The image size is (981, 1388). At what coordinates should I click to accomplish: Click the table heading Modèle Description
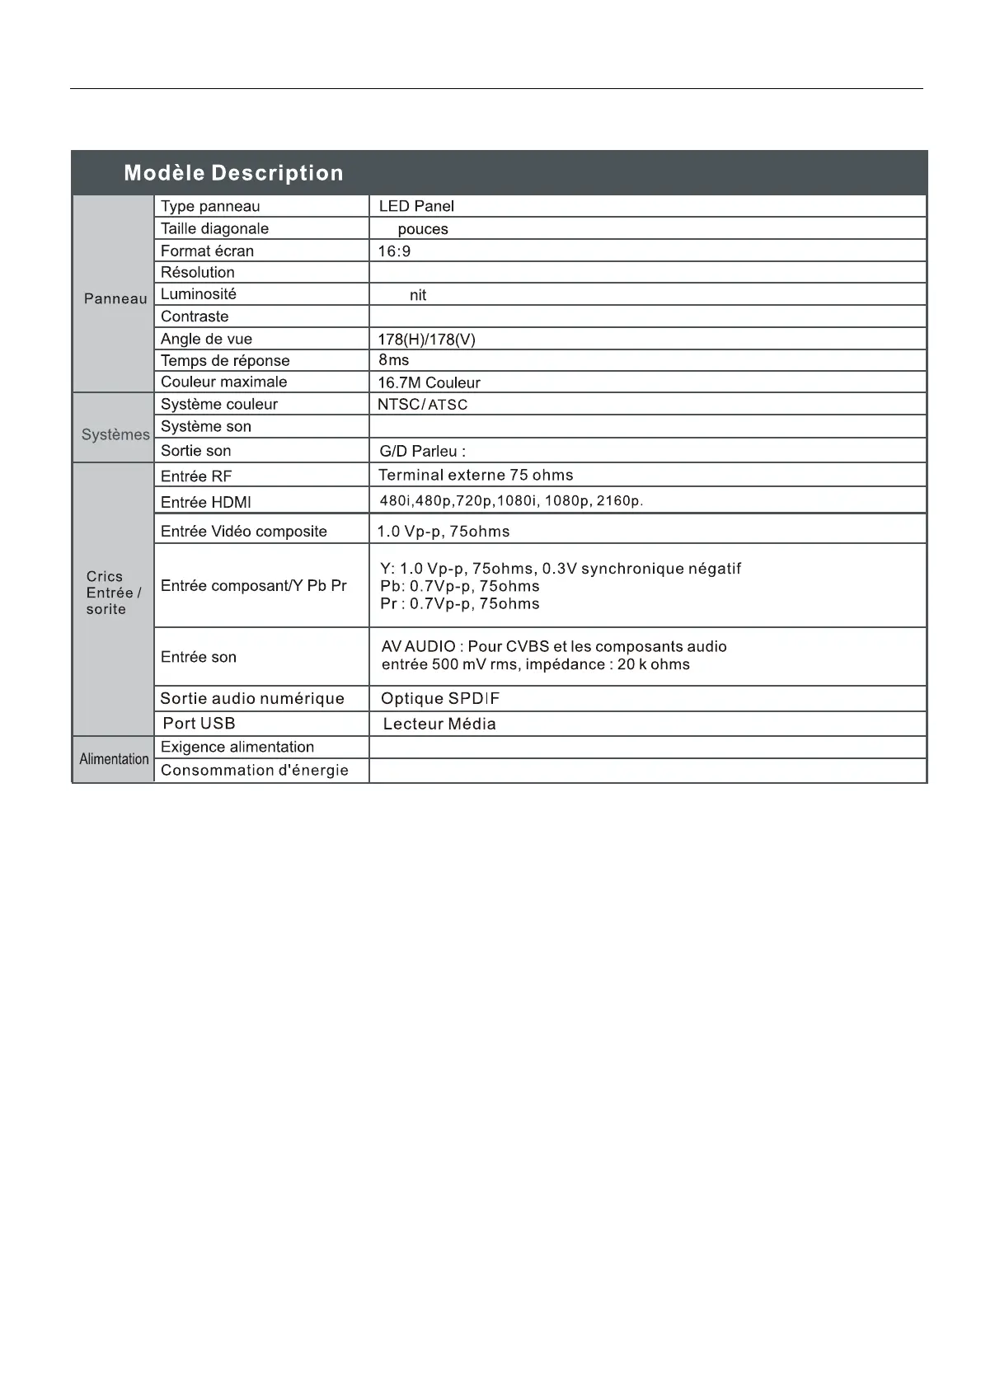click(233, 173)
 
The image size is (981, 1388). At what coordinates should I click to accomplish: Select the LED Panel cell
click(416, 206)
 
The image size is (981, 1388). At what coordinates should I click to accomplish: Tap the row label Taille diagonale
click(214, 228)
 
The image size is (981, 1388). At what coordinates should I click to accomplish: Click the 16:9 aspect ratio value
click(394, 251)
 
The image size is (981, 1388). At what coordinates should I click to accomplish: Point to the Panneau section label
click(115, 298)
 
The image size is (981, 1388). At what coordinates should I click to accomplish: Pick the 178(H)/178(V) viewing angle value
click(426, 339)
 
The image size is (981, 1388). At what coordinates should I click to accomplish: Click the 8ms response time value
click(393, 360)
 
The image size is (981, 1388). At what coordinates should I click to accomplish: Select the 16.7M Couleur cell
click(429, 382)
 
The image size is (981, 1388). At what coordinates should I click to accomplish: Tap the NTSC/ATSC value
click(422, 405)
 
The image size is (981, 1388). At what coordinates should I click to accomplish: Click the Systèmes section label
click(115, 434)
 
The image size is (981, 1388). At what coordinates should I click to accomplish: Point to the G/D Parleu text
click(422, 451)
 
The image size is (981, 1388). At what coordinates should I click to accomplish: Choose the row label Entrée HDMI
click(206, 502)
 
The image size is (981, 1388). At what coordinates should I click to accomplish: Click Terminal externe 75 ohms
click(476, 475)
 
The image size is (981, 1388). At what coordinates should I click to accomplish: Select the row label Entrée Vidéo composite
click(244, 532)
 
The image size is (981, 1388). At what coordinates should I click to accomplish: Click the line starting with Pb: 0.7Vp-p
click(459, 586)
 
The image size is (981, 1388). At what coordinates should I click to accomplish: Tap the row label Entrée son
click(199, 657)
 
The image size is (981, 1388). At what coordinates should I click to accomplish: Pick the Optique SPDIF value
click(440, 699)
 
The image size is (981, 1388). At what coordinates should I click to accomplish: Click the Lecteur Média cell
click(439, 724)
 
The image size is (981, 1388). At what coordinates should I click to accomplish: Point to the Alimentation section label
click(114, 759)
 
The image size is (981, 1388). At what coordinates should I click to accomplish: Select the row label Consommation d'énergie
click(255, 770)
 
